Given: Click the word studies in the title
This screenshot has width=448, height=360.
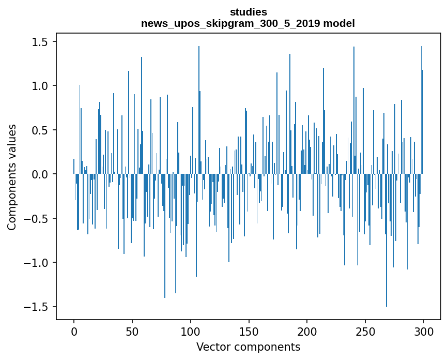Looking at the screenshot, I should (x=248, y=12).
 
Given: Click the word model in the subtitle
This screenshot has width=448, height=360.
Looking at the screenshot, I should (x=338, y=23).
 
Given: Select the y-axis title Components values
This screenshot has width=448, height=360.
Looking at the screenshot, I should (x=12, y=177).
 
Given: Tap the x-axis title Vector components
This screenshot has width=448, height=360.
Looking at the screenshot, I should (x=248, y=347).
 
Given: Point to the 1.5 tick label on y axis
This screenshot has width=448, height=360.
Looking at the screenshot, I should (x=41, y=41).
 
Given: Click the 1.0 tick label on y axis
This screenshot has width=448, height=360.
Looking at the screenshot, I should (x=41, y=86).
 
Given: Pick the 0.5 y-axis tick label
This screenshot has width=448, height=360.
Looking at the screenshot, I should (x=41, y=130).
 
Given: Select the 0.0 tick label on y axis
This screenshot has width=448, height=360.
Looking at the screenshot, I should (x=41, y=174).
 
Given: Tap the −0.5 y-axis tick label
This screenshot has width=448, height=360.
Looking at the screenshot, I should (x=37, y=218).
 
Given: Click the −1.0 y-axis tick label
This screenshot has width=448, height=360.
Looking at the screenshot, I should (x=37, y=263).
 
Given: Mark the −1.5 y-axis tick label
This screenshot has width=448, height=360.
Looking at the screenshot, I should (x=37, y=307).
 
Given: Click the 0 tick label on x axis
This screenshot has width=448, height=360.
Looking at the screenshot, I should (x=74, y=331).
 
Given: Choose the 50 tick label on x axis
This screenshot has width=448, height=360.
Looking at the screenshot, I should (x=132, y=331).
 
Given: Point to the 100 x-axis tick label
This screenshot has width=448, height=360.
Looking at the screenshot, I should (x=191, y=331).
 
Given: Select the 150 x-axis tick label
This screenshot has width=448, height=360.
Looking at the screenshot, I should (x=249, y=331).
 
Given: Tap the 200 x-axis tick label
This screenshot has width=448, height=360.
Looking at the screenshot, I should (x=307, y=331).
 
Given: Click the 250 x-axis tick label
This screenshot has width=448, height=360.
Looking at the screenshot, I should (x=365, y=331).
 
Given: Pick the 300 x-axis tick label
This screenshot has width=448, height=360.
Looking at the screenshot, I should (x=424, y=331).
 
